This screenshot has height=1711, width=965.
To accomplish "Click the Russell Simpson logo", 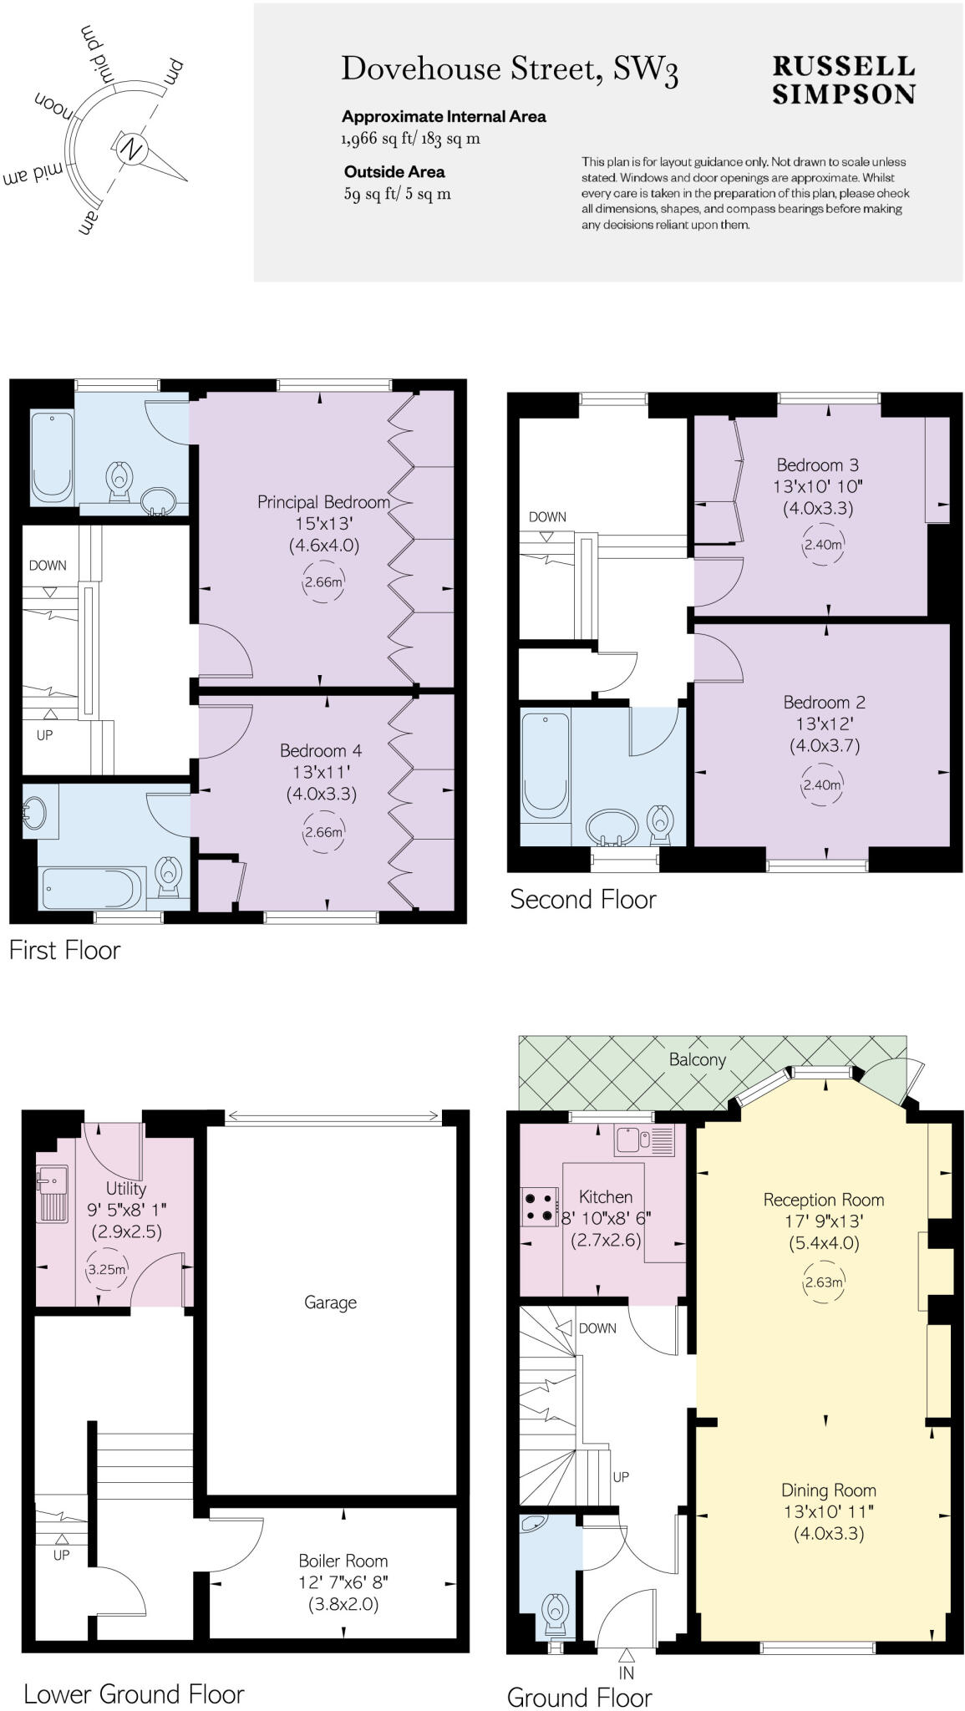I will [x=843, y=80].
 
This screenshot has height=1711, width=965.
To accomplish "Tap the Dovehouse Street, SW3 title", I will [x=509, y=69].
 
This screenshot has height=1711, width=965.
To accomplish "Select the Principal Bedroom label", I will [x=323, y=502].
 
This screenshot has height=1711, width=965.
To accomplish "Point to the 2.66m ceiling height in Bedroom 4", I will [x=323, y=832].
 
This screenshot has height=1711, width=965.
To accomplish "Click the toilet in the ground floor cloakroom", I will [x=556, y=1612].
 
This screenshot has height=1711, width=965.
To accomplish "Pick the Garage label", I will [x=330, y=1302].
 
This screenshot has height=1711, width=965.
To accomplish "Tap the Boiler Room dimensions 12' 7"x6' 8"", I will [x=343, y=1582].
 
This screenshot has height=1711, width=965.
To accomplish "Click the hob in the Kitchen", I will [x=539, y=1206].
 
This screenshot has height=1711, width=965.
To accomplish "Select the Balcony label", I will [x=698, y=1059].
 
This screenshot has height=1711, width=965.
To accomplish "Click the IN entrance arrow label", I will [x=627, y=1673].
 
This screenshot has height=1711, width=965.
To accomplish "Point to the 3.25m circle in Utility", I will [x=107, y=1269].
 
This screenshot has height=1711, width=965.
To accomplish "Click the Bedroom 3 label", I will [x=817, y=465].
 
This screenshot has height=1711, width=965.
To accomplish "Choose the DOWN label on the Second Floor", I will [x=547, y=517].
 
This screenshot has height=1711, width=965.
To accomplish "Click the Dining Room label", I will [x=828, y=1490].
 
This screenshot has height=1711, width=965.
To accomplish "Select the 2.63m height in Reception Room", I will [x=823, y=1282].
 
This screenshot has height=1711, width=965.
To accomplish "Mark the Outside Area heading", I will [x=394, y=172].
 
